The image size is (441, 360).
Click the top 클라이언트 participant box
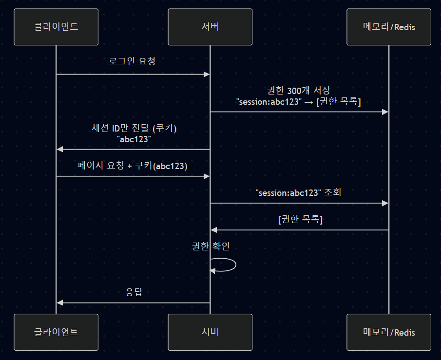tap(56, 27)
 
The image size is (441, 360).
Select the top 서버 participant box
tap(210, 27)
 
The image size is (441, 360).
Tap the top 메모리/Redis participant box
tap(389, 27)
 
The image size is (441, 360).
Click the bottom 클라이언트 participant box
tap(56, 332)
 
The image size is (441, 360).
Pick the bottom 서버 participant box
tap(210, 332)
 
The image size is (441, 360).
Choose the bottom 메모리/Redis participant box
tap(389, 332)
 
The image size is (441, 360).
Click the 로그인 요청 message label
tap(133, 62)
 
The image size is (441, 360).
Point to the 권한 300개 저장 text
tap(299, 91)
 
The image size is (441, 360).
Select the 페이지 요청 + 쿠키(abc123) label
tap(133, 165)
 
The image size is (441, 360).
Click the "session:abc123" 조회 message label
tap(299, 192)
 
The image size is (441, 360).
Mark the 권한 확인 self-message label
tap(211, 246)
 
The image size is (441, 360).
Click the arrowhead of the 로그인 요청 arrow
tap(207, 74)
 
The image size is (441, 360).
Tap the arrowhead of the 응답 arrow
tap(59, 303)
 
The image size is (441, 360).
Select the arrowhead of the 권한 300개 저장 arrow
tap(385, 112)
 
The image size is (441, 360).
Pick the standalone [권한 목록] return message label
tap(300, 219)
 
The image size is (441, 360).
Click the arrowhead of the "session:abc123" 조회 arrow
tap(385, 203)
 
